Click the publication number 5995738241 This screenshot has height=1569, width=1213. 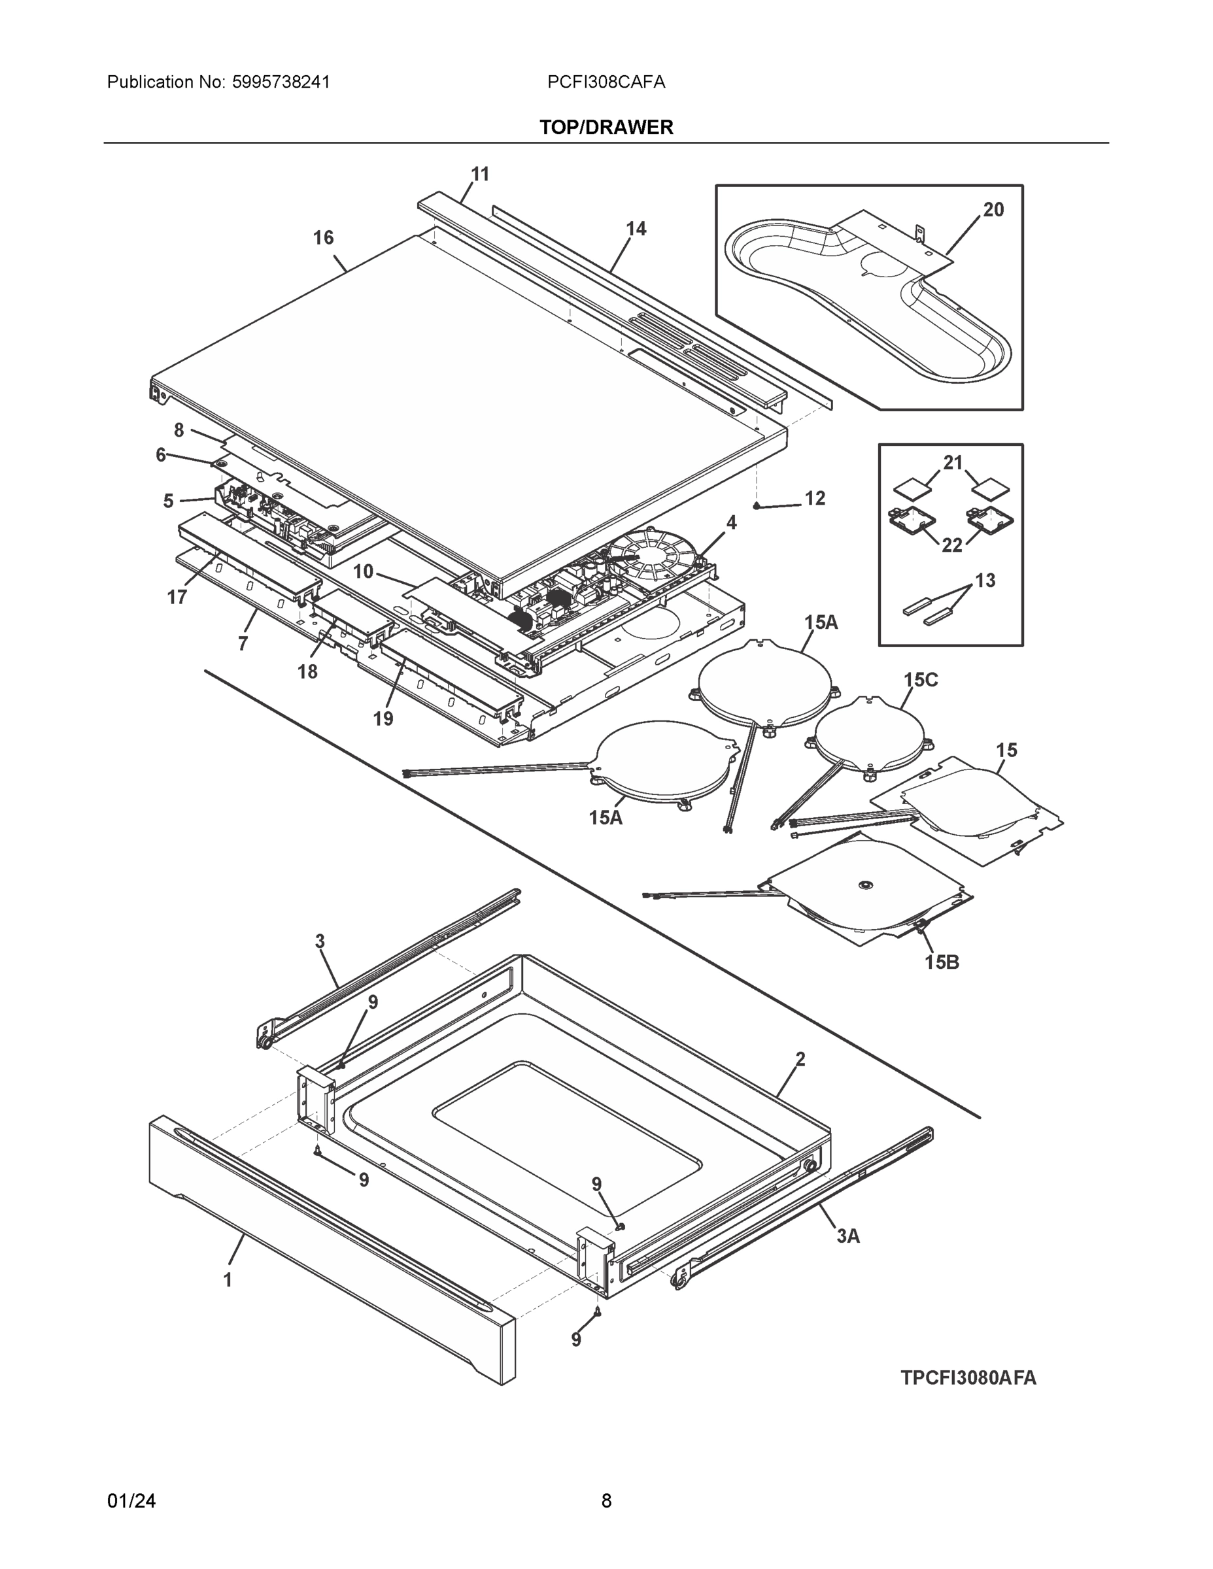coord(281,82)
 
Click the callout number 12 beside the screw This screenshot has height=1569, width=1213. coord(814,498)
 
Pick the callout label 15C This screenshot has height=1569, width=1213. coord(920,680)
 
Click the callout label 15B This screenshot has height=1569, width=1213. coord(942,962)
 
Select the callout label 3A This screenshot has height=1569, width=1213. coord(847,1236)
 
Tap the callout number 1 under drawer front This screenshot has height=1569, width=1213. coord(228,1279)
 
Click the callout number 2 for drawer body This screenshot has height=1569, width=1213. coord(800,1059)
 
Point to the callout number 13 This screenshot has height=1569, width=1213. coord(985,581)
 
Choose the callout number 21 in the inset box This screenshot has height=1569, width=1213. coord(952,463)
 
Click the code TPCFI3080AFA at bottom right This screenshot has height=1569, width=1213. coord(968,1377)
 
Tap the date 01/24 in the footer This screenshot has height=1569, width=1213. coord(131,1500)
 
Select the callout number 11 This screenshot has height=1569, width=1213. coord(479,174)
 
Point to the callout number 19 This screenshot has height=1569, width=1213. coord(383,718)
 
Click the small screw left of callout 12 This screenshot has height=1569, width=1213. coord(757,506)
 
